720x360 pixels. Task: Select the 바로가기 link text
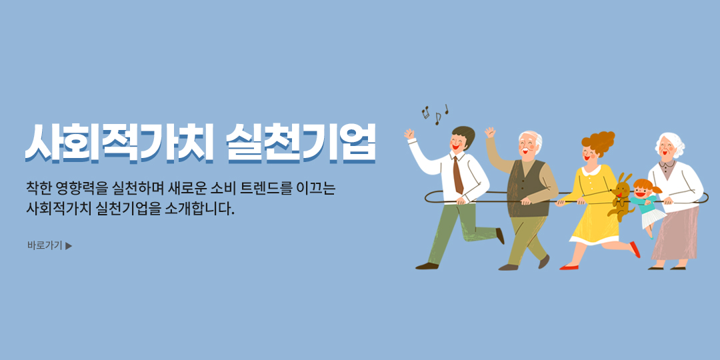tap(45, 245)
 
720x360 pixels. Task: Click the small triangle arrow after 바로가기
tap(69, 245)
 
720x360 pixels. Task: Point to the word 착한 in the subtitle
tap(39, 188)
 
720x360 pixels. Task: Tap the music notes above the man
tap(435, 114)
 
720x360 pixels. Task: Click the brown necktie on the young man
tap(457, 175)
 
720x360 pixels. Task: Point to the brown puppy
tap(620, 197)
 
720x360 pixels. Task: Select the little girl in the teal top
tap(647, 207)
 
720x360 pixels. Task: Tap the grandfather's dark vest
tap(527, 188)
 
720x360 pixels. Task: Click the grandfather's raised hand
tap(490, 132)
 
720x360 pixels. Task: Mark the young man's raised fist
tap(409, 134)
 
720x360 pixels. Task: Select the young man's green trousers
tap(459, 232)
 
